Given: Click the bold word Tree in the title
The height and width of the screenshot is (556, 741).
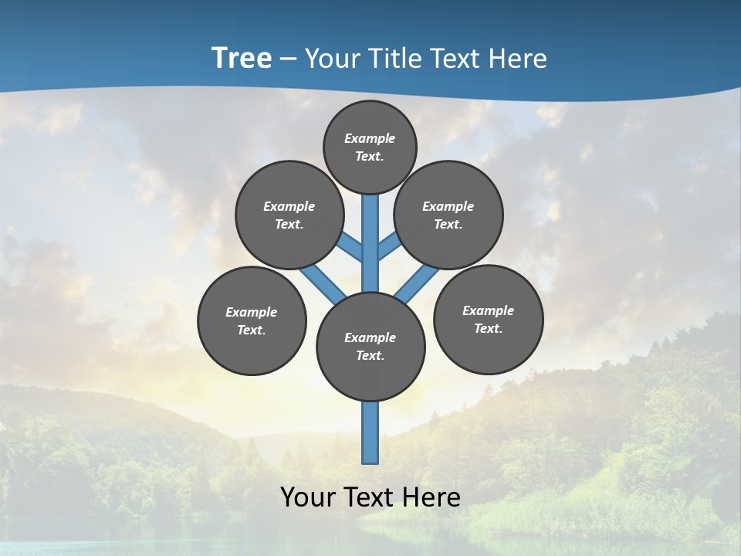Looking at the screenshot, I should pyautogui.click(x=242, y=59).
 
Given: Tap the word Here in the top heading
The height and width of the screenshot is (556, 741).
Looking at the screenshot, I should pyautogui.click(x=517, y=59).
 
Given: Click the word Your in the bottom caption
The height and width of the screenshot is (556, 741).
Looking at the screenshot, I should pyautogui.click(x=307, y=497).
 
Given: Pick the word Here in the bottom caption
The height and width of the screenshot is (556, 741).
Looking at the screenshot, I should pyautogui.click(x=432, y=497).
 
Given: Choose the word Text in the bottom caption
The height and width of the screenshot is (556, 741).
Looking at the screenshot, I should pyautogui.click(x=370, y=497).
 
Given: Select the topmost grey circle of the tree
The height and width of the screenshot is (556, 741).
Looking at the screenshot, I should pyautogui.click(x=370, y=147).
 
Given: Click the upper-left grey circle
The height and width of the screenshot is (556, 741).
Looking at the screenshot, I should pyautogui.click(x=289, y=215).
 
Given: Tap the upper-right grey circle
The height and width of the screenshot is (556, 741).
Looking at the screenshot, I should pyautogui.click(x=448, y=215).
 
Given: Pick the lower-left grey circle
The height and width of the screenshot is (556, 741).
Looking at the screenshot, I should pyautogui.click(x=252, y=320).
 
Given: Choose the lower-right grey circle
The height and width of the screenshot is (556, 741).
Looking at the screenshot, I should pyautogui.click(x=488, y=319).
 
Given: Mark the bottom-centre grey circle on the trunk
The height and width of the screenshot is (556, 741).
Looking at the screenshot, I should pyautogui.click(x=370, y=346).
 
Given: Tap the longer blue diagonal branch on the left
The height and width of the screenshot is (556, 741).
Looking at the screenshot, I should pyautogui.click(x=323, y=283).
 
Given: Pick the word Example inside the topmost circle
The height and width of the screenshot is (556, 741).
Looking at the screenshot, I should pyautogui.click(x=370, y=138).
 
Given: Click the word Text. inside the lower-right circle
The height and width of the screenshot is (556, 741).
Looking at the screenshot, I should pyautogui.click(x=488, y=328).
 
